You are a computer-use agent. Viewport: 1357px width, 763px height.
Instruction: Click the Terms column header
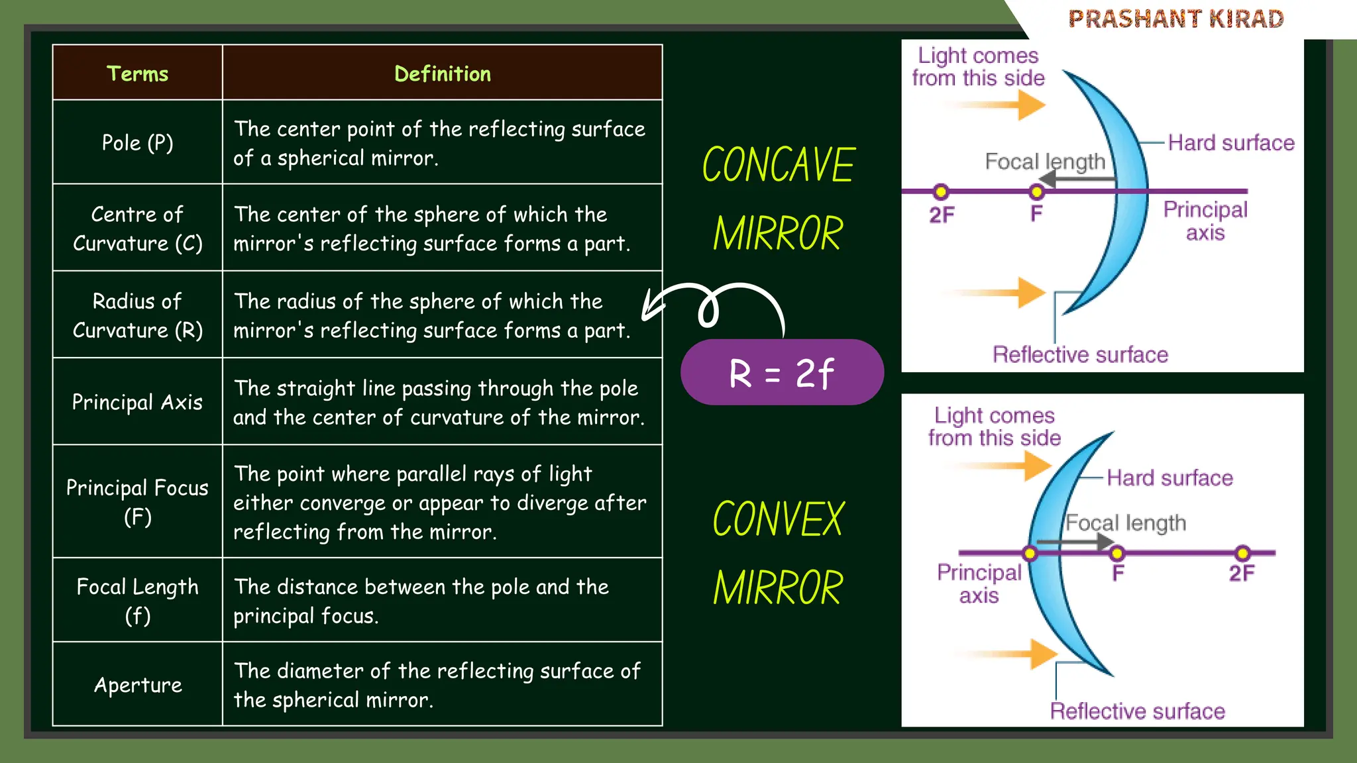coord(137,74)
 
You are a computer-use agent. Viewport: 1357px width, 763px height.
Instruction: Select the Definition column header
coord(442,74)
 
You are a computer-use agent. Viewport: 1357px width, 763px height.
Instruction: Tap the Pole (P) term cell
coord(137,142)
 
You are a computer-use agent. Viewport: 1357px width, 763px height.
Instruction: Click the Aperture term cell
coord(137,684)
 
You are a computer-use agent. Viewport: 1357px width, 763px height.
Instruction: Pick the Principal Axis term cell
coord(137,402)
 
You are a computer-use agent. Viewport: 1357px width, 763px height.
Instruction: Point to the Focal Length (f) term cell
coord(137,601)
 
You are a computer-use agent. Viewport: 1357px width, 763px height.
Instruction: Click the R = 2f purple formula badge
coord(782,373)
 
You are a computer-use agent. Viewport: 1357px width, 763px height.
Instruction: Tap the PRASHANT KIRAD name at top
coord(1176,19)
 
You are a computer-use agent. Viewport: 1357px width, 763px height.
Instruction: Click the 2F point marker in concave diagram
coord(940,192)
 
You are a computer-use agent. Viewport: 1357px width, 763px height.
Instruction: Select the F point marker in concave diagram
coord(1036,192)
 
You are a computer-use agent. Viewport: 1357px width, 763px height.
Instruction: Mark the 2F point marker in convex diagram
coord(1242,553)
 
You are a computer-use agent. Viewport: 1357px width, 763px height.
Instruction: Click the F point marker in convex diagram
coord(1117,553)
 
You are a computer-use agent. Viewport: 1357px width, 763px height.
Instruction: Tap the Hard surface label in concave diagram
coord(1230,142)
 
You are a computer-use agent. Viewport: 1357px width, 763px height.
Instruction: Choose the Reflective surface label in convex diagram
coord(1137,711)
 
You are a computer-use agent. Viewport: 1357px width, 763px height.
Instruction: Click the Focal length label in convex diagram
coord(1125,523)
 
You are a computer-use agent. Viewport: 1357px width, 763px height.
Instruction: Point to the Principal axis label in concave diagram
coord(1205,221)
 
